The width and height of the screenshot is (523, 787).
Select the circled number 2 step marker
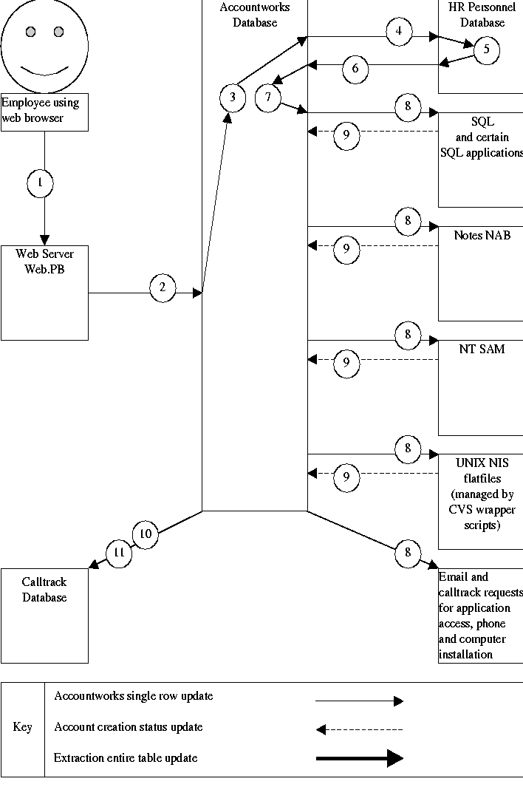(163, 287)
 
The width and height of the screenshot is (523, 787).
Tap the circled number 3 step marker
(233, 98)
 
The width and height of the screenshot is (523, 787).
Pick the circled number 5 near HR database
(486, 50)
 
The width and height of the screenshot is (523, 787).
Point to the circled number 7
(268, 98)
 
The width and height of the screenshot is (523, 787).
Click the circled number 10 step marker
(146, 534)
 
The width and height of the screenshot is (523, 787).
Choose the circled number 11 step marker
(118, 552)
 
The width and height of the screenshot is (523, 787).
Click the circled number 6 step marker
(355, 69)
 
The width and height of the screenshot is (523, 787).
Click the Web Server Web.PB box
(44, 293)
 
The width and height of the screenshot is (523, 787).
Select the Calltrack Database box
(44, 616)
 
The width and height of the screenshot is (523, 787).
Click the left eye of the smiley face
(31, 32)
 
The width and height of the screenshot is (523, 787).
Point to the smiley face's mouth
(44, 70)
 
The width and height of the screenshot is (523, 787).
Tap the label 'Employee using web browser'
(44, 111)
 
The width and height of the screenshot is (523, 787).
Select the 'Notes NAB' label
(482, 236)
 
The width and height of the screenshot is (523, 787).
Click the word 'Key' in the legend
(23, 727)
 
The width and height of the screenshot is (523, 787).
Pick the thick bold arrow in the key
(360, 758)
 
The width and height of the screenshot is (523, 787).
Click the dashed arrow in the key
(360, 730)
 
